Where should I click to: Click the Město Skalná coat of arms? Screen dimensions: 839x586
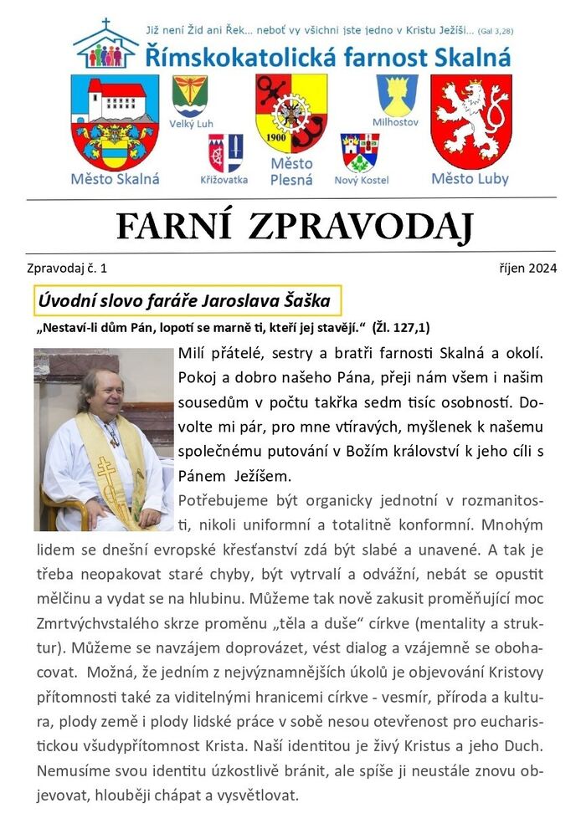[114, 122]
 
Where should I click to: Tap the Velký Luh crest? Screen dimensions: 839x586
[190, 95]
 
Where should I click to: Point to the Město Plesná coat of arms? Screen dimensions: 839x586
[291, 113]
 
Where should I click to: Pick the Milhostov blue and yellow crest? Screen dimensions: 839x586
[397, 95]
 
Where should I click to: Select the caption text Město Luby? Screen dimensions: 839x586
[470, 179]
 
